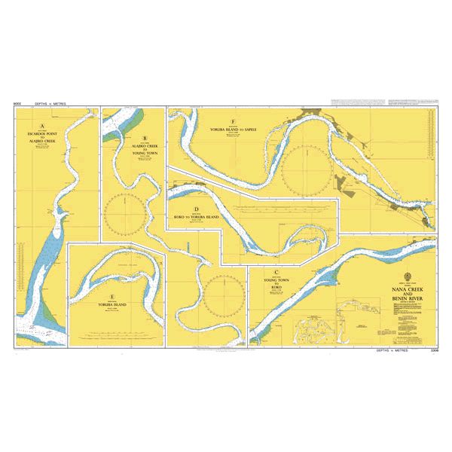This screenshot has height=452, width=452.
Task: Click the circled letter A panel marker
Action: click(x=42, y=126)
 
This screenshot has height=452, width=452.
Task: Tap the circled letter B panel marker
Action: click(x=145, y=139)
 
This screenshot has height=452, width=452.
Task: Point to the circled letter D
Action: click(x=195, y=210)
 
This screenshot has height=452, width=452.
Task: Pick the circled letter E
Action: click(x=111, y=297)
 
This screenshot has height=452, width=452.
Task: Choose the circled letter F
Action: click(x=234, y=122)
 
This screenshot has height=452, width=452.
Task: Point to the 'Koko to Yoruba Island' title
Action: click(x=196, y=217)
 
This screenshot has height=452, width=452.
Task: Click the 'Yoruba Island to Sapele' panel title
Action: click(x=234, y=129)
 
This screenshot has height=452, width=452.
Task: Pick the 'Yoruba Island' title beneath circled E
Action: click(x=111, y=305)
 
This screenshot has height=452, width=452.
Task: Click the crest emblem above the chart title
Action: click(x=408, y=276)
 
